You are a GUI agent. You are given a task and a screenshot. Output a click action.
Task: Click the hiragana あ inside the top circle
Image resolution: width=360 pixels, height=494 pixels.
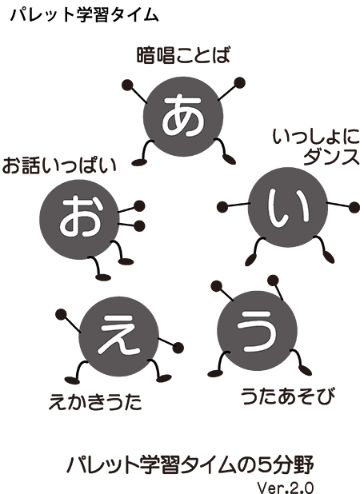(x=182, y=115)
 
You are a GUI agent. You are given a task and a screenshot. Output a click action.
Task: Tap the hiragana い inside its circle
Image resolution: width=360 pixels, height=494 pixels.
(x=288, y=208)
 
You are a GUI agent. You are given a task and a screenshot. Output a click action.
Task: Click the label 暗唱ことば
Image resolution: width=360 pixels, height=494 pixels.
(x=183, y=55)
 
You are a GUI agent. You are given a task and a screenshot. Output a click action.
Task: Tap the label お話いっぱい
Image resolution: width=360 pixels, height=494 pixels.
(x=59, y=165)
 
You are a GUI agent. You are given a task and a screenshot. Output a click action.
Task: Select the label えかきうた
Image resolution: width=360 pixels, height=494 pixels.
(x=95, y=402)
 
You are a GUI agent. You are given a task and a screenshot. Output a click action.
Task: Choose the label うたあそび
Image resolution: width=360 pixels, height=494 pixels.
(x=288, y=396)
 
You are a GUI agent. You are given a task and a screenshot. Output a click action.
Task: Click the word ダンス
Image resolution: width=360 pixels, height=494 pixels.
(x=331, y=157)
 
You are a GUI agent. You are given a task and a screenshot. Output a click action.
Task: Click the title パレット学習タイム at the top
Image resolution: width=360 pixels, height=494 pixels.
(x=85, y=15)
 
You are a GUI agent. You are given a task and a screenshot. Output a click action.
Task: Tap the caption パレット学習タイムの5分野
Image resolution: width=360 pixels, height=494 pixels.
(x=190, y=465)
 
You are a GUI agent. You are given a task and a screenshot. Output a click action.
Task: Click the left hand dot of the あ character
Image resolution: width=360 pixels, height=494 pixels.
(x=128, y=86)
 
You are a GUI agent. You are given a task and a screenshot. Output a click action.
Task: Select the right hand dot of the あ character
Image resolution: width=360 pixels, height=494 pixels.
(x=239, y=83)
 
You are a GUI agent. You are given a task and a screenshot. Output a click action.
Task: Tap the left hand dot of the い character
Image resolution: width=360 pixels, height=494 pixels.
(x=223, y=207)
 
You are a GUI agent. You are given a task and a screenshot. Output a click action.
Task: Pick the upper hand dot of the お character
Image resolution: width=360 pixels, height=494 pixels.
(x=139, y=206)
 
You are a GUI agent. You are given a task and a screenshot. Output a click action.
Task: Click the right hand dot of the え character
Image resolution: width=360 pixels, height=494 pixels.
(x=178, y=347)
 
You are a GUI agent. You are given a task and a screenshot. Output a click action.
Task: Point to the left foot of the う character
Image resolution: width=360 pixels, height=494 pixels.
(x=214, y=373)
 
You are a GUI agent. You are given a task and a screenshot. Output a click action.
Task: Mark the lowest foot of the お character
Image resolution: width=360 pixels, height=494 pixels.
(x=103, y=277)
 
